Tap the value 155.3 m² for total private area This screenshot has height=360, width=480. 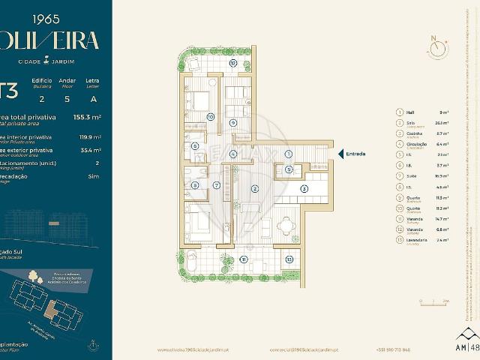tap(87, 118)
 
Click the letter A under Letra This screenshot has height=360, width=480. tap(93, 98)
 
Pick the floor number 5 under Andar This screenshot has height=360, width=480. tap(67, 98)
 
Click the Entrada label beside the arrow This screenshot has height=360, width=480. tap(355, 154)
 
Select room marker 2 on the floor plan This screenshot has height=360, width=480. tap(254, 188)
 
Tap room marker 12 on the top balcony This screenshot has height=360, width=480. tap(233, 64)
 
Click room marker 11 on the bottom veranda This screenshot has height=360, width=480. tap(244, 259)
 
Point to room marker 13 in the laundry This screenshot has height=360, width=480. tap(289, 259)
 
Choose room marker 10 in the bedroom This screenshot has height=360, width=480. tap(211, 117)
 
